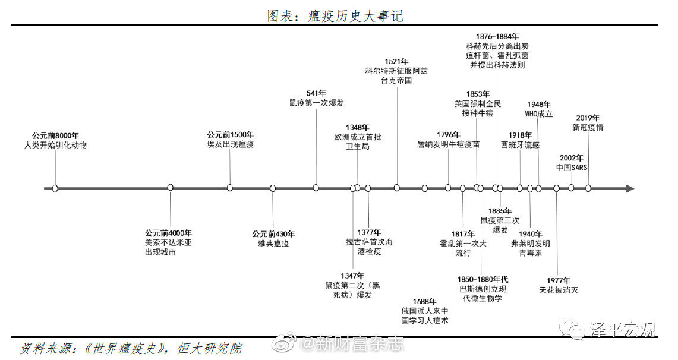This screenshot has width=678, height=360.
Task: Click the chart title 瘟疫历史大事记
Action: (x=356, y=16)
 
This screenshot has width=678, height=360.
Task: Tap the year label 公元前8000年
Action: (x=55, y=135)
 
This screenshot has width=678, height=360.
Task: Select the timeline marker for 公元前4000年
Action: (x=171, y=188)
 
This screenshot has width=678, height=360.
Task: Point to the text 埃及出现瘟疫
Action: (x=230, y=144)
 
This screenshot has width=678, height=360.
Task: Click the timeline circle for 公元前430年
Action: (x=273, y=188)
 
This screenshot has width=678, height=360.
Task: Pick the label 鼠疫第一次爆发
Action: (x=317, y=103)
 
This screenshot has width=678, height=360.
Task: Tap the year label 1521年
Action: (x=396, y=62)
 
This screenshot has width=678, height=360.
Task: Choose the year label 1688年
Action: (x=425, y=302)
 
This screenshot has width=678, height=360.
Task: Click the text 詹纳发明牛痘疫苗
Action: (x=449, y=144)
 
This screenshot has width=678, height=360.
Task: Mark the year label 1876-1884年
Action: (x=497, y=37)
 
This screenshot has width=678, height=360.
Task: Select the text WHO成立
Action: (x=539, y=114)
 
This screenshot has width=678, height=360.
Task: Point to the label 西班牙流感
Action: (x=520, y=145)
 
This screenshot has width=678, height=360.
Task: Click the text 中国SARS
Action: (x=572, y=168)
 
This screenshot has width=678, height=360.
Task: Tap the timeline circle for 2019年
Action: (x=588, y=188)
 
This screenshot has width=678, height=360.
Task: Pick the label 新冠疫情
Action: (x=588, y=128)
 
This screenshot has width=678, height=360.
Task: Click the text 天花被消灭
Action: (x=559, y=290)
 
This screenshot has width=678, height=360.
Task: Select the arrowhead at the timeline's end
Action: (x=630, y=188)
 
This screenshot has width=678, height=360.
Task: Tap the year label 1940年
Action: (x=531, y=234)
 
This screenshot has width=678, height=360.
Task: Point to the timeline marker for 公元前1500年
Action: (x=229, y=188)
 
